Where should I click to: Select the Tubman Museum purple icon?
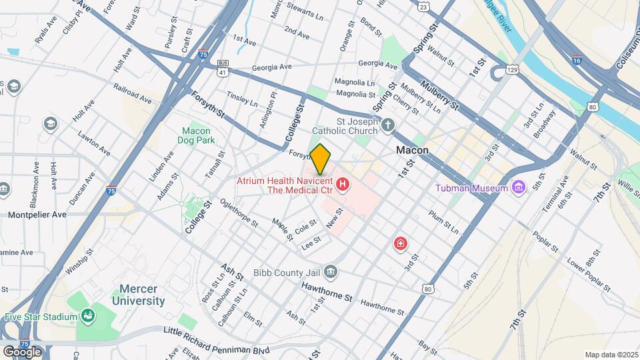(x=519, y=188)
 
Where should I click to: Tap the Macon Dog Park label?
(x=195, y=136)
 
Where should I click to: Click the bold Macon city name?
(x=412, y=151)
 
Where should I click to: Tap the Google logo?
(x=21, y=351)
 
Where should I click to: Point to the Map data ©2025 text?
(x=611, y=355)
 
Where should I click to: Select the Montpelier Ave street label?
(x=37, y=215)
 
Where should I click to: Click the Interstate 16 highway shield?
(x=576, y=59)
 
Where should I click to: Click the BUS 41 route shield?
(x=223, y=67)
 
